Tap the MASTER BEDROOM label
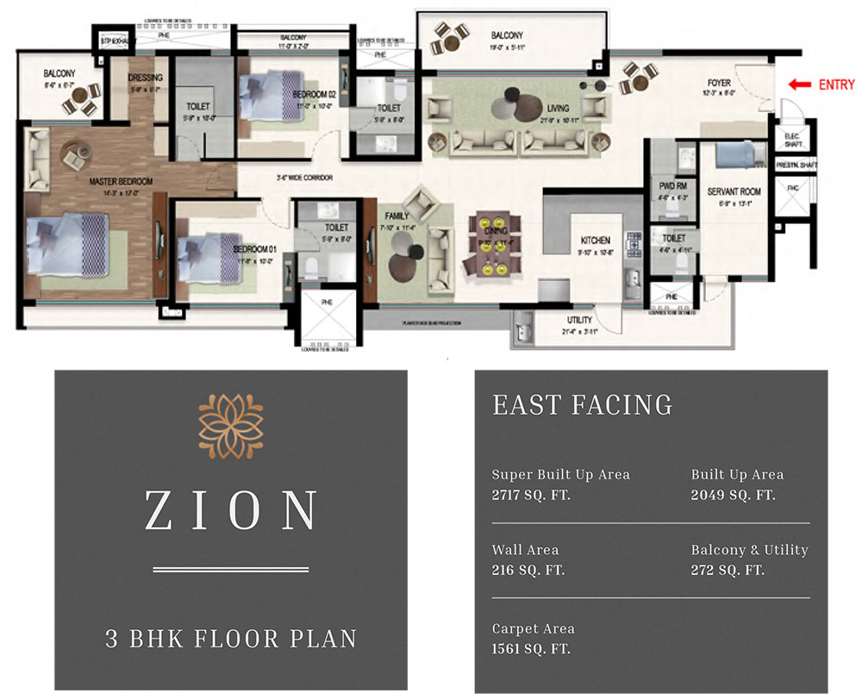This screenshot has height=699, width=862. click(121, 182)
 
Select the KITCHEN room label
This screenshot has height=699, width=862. click(595, 240)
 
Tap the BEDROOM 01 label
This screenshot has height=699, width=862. click(254, 249)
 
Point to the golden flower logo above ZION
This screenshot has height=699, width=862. click(230, 424)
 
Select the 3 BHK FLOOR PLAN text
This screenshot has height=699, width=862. click(230, 639)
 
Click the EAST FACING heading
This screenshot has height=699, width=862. click(582, 405)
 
